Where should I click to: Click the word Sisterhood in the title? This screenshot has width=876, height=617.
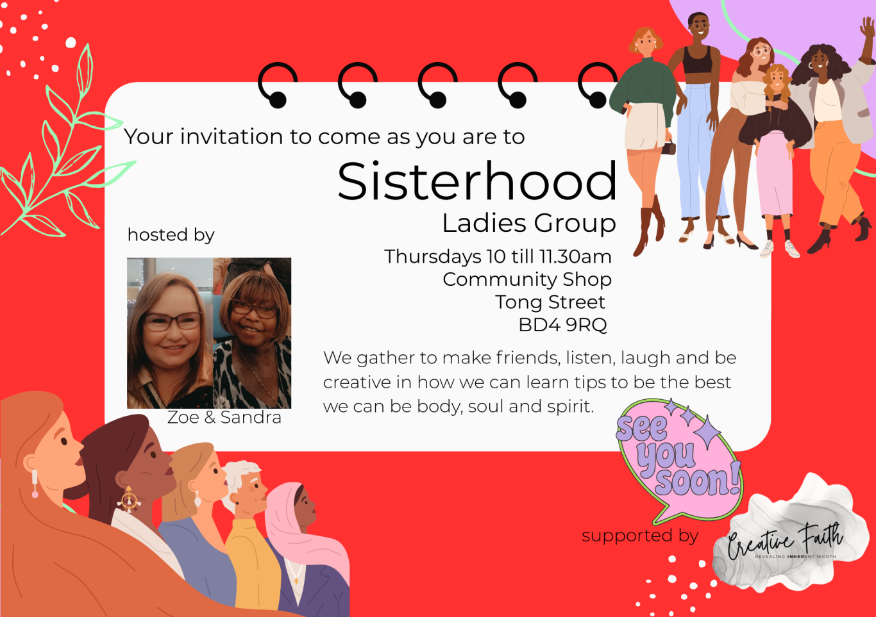click(x=477, y=182)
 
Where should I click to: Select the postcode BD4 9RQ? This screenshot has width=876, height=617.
click(x=563, y=325)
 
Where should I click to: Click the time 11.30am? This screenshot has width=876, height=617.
click(x=575, y=257)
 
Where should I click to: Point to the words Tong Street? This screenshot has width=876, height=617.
click(x=550, y=302)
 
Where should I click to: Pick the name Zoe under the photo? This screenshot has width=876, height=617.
click(x=183, y=417)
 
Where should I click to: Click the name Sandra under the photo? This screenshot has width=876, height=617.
click(x=251, y=417)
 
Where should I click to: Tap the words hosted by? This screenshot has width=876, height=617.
click(x=171, y=235)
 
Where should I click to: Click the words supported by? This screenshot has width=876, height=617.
click(x=640, y=536)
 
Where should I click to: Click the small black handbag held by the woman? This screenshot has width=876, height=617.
click(x=669, y=149)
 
